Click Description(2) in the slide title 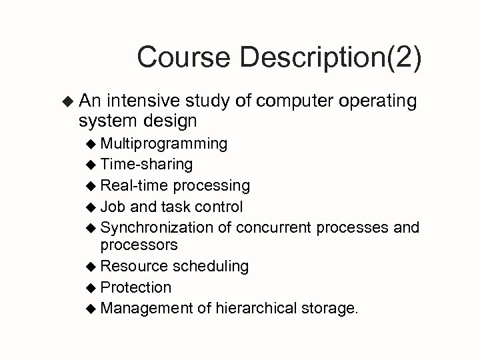click(329, 58)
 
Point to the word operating click(378, 101)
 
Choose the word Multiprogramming click(164, 144)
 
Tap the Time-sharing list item click(147, 164)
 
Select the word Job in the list click(113, 207)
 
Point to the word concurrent click(274, 227)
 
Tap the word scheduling click(211, 266)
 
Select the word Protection click(136, 287)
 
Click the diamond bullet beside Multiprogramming click(91, 144)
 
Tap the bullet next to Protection click(91, 287)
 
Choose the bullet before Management click(91, 308)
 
